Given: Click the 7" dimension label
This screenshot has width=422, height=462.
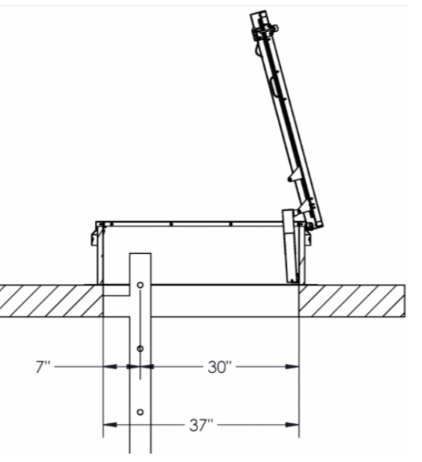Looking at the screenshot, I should [x=43, y=367].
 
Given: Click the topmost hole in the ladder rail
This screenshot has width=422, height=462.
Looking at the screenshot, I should [x=140, y=286].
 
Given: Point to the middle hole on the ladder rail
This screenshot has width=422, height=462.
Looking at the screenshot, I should [x=140, y=349].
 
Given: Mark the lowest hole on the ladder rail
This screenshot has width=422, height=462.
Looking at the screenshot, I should [x=140, y=413].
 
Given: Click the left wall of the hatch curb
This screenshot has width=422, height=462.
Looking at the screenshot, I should [x=99, y=255].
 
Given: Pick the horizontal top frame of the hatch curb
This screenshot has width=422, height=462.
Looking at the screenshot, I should [x=190, y=224].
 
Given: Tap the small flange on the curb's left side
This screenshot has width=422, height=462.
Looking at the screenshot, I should [x=93, y=238].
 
